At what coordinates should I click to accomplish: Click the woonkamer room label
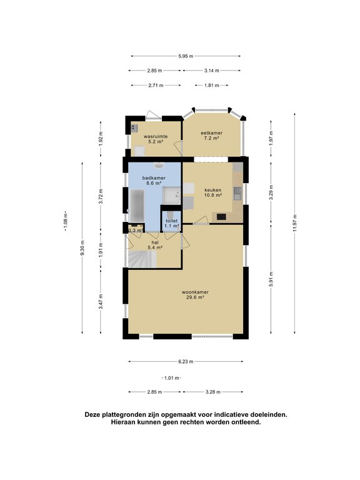tap(195, 294)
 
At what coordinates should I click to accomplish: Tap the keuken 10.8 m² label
tap(213, 192)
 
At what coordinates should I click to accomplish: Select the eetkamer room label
tap(211, 136)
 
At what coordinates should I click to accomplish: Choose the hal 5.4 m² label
tap(155, 245)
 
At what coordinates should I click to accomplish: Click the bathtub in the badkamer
tap(136, 206)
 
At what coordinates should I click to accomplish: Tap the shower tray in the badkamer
tap(171, 196)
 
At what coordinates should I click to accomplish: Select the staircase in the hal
tap(142, 259)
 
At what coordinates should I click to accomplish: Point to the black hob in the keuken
tap(221, 217)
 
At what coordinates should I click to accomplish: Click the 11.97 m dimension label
tap(295, 223)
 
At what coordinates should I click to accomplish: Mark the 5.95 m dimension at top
tap(186, 56)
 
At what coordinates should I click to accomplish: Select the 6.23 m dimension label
tap(186, 361)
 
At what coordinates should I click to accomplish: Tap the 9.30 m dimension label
tap(82, 248)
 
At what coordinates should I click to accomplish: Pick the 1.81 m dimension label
tap(212, 86)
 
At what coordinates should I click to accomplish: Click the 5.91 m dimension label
tap(271, 279)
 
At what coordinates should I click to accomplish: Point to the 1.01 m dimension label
tap(171, 378)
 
